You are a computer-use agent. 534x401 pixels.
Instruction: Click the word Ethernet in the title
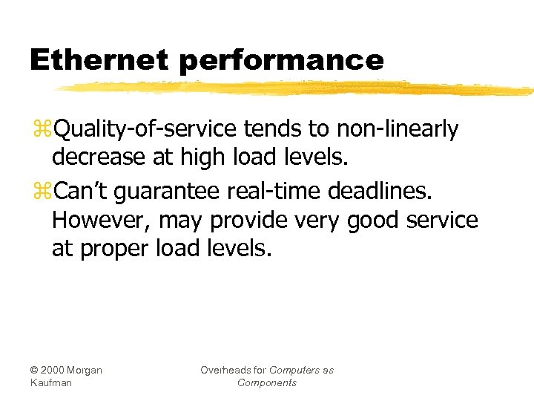tap(99, 59)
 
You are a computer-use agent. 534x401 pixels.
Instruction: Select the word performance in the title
tap(281, 61)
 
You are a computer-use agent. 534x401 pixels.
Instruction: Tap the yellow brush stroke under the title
tap(297, 88)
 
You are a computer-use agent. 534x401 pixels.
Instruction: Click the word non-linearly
tap(398, 130)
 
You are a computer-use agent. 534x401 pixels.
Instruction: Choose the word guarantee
tap(166, 191)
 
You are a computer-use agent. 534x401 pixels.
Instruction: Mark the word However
tap(96, 221)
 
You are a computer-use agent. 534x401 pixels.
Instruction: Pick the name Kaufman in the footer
tap(51, 382)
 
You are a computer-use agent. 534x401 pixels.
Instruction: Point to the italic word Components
tap(267, 382)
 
